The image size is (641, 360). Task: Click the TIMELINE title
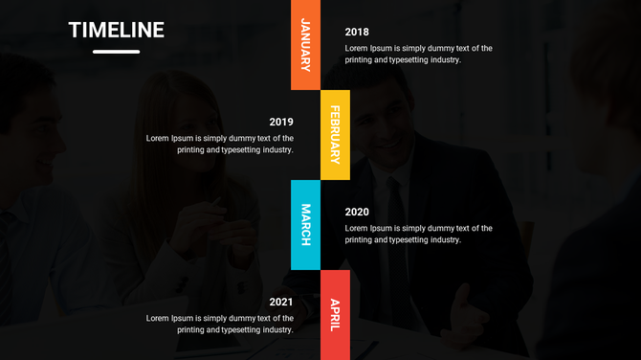tap(116, 31)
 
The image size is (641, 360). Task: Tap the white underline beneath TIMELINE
tap(116, 52)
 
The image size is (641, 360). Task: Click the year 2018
tap(357, 32)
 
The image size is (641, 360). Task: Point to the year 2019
tap(281, 122)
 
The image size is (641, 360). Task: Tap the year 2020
tap(357, 212)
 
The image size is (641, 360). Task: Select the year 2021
tap(281, 302)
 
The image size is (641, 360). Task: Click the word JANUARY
tap(305, 45)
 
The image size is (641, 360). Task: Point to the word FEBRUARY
tap(335, 135)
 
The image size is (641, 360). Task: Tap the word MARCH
tap(305, 225)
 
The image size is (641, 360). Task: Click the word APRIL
tap(335, 315)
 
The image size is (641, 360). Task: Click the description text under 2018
tap(418, 54)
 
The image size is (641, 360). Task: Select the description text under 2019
tap(220, 144)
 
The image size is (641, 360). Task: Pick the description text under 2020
tap(418, 234)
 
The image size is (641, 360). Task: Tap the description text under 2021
tap(220, 324)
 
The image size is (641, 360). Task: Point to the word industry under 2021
tap(276, 329)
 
